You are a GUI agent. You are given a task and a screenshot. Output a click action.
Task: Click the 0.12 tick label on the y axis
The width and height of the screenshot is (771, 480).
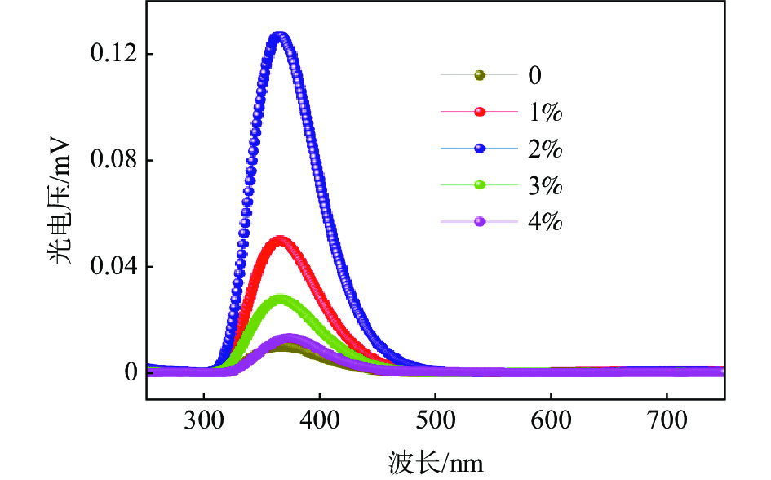click(x=109, y=55)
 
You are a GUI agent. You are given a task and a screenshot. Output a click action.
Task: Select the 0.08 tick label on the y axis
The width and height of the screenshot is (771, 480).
click(x=109, y=161)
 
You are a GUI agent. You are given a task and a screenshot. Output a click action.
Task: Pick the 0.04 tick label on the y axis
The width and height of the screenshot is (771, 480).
click(x=109, y=267)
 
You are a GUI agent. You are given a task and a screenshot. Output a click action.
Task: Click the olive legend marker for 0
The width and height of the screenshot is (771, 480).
click(x=480, y=76)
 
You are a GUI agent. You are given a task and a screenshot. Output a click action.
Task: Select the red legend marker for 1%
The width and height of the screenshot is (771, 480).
click(x=480, y=112)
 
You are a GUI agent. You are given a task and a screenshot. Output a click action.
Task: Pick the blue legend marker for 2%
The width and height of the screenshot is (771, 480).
click(x=480, y=149)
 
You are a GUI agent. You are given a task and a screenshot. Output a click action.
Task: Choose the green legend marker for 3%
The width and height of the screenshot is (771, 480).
click(x=480, y=185)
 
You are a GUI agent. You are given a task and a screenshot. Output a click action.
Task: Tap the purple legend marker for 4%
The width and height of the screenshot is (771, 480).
click(x=480, y=222)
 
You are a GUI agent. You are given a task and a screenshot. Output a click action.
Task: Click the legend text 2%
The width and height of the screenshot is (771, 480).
click(x=546, y=149)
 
